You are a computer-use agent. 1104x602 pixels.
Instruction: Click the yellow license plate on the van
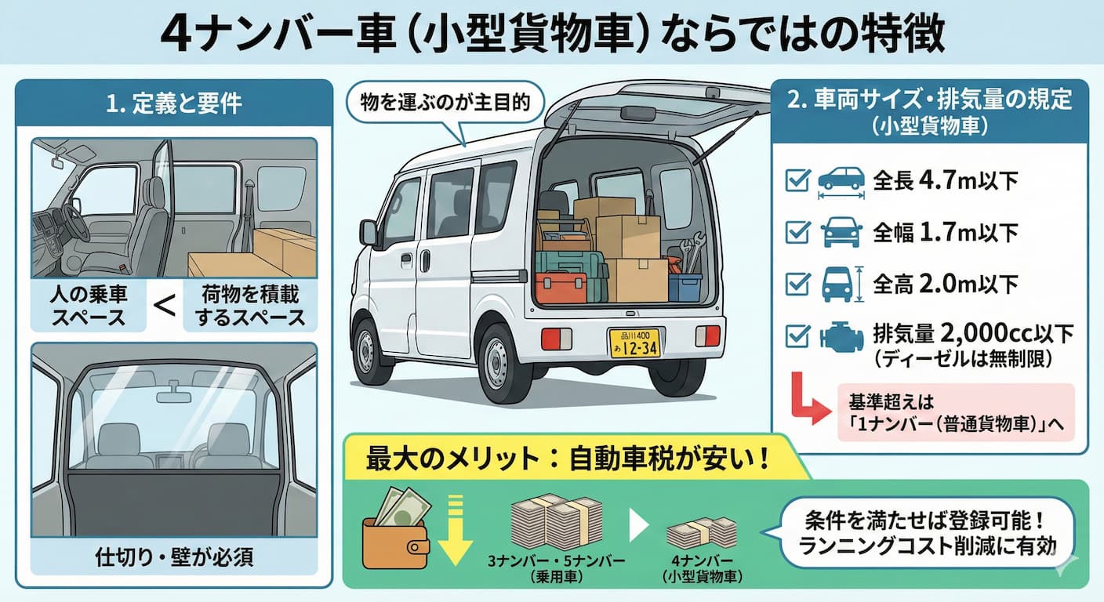pyautogui.click(x=634, y=343)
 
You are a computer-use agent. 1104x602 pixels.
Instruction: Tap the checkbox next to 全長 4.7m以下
pyautogui.click(x=797, y=181)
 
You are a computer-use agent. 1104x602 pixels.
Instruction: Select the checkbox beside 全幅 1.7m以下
pyautogui.click(x=797, y=231)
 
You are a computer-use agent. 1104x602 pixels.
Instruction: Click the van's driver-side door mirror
pyautogui.click(x=368, y=232)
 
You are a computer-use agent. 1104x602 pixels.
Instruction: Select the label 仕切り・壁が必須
pyautogui.click(x=174, y=559)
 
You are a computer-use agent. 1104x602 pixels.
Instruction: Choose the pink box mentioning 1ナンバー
pyautogui.click(x=954, y=412)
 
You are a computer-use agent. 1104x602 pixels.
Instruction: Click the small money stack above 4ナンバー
pyautogui.click(x=702, y=533)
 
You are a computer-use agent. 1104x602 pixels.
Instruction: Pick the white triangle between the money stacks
pyautogui.click(x=639, y=526)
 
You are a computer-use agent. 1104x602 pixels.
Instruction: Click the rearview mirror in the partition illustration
pyautogui.click(x=173, y=397)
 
